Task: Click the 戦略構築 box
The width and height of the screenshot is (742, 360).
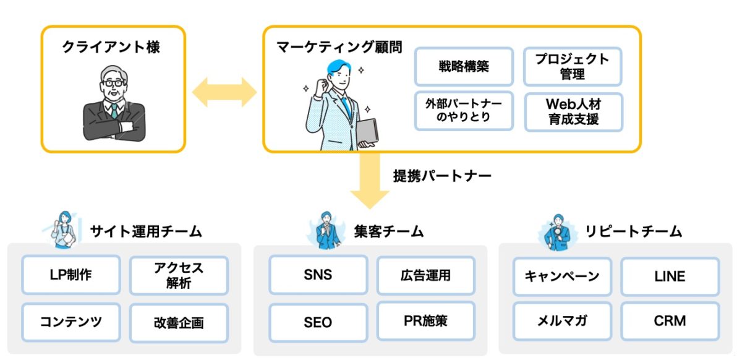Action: [464, 67]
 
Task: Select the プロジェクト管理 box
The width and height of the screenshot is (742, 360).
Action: [573, 67]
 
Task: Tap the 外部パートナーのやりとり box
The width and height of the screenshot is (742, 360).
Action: [464, 111]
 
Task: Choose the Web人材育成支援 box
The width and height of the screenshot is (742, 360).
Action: [574, 112]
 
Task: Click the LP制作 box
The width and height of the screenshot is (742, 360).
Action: [71, 275]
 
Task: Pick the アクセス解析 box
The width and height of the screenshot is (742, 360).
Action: [179, 275]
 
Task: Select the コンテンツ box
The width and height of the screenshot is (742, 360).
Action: [71, 322]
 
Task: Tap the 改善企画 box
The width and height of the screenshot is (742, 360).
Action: [179, 323]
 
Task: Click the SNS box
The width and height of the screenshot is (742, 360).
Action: [318, 275]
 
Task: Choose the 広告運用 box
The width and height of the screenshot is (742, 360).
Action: [426, 275]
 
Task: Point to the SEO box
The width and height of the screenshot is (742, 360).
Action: [318, 322]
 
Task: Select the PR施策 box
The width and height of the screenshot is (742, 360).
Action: [426, 320]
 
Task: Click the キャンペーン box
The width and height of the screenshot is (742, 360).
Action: [562, 276]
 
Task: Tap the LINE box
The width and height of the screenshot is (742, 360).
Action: [670, 276]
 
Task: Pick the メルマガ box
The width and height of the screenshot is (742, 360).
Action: [562, 321]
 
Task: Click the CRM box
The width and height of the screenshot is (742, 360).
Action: [670, 321]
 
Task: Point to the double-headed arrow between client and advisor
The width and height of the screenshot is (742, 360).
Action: [224, 92]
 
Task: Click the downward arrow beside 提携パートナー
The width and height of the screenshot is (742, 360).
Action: [370, 181]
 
